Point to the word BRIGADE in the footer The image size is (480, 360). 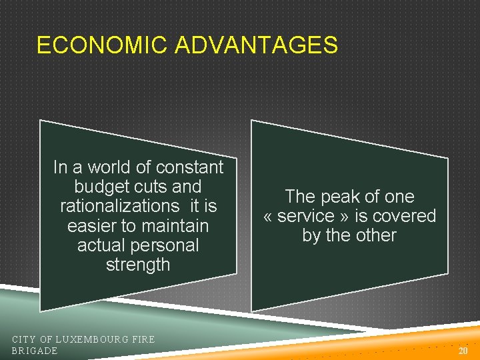click(x=35, y=351)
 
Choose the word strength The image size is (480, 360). click(x=138, y=265)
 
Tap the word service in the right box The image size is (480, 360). click(x=307, y=216)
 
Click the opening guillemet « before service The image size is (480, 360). click(x=269, y=217)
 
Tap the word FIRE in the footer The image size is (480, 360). click(x=143, y=339)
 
